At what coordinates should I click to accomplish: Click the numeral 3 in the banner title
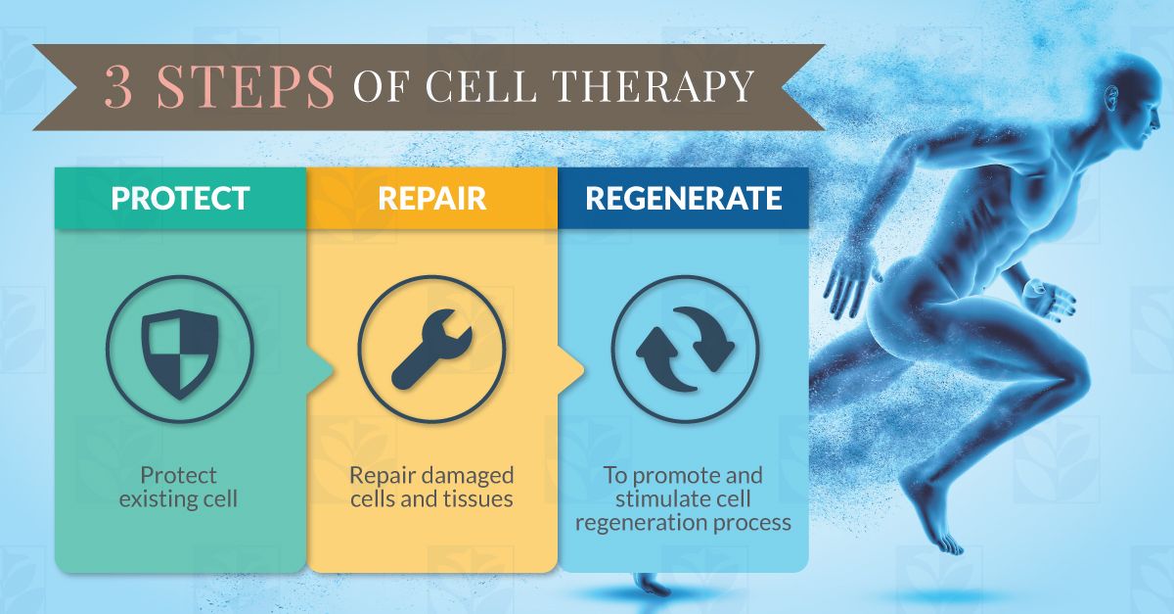(118, 86)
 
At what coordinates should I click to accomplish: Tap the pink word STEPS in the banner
(246, 86)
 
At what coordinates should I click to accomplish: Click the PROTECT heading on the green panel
(180, 199)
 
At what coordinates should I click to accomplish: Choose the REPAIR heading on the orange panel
(431, 199)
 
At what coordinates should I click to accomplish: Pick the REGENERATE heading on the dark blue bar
(684, 199)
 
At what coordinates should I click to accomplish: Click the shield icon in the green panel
(180, 354)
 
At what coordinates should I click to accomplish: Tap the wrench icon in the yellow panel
(431, 350)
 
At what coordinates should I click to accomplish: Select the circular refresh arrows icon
(686, 350)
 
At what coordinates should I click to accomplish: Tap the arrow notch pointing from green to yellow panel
(321, 370)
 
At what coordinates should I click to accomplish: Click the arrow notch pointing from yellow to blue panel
(571, 370)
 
